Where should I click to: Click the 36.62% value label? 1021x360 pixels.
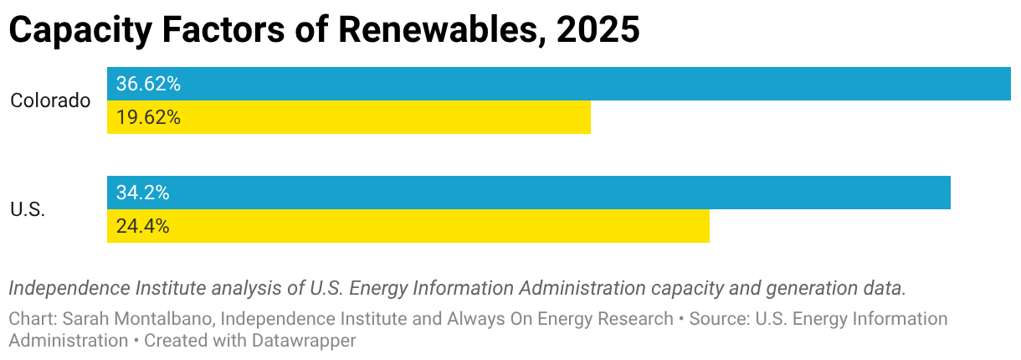148,84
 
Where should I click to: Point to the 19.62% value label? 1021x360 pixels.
148,117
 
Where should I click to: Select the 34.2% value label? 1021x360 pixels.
143,193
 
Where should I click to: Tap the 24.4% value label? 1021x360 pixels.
143,226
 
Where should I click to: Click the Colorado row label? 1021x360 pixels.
50,100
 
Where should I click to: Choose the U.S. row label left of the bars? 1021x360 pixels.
28,209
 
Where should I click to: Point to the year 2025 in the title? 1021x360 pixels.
598,31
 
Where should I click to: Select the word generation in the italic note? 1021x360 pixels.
819,289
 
